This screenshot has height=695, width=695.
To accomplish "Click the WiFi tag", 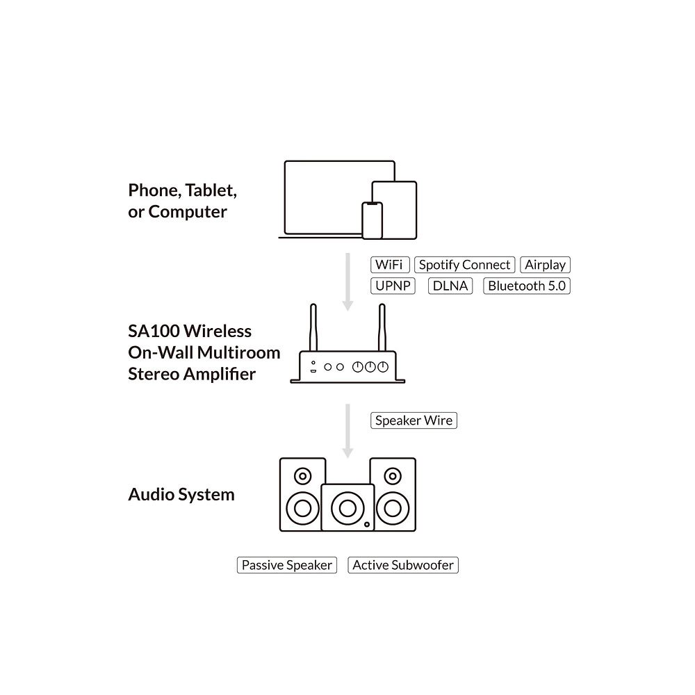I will [391, 265].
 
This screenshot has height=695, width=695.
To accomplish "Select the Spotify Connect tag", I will [465, 265].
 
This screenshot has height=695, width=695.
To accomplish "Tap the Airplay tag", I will [545, 265].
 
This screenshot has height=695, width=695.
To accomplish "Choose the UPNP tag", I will [393, 286].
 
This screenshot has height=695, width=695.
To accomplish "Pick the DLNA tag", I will [450, 286].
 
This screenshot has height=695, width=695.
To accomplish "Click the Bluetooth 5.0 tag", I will [527, 286].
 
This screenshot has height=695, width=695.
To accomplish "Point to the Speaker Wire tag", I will [414, 420].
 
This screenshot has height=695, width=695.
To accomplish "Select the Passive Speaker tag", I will [286, 565].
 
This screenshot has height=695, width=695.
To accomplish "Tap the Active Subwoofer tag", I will [403, 565].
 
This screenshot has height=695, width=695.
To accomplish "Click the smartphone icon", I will [373, 220].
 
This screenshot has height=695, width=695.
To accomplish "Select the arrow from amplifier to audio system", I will [348, 430].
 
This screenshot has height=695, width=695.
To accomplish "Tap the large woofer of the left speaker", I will [302, 507].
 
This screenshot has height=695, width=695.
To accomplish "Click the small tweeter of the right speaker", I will [393, 477].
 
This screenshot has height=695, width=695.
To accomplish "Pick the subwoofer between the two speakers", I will [347, 508].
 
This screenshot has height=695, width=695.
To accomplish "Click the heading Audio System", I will [181, 495].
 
